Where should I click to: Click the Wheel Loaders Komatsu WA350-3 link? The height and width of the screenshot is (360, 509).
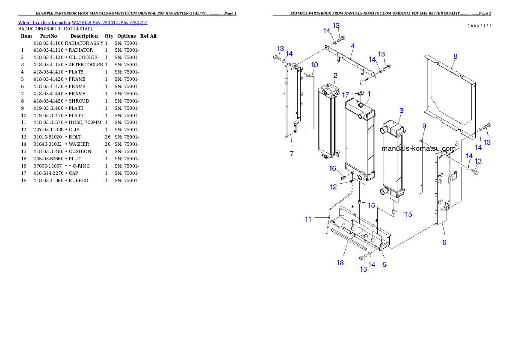tap(83, 23)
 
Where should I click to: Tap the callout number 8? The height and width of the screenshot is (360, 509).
tap(455, 56)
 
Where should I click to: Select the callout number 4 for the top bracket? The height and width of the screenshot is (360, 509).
tap(352, 46)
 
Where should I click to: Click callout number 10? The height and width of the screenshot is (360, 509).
tap(314, 65)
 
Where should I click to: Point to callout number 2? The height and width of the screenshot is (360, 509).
tap(335, 76)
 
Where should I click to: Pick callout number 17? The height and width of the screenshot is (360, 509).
tap(346, 94)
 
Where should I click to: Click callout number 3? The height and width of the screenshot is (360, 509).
tap(401, 111)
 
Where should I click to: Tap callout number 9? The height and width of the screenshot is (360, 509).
tap(424, 126)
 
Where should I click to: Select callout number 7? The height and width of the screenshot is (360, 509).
tap(292, 154)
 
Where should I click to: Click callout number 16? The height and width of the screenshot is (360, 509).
tap(333, 168)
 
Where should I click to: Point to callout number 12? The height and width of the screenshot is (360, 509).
tap(333, 187)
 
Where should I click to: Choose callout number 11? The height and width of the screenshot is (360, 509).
tap(308, 219)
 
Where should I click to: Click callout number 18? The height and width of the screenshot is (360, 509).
tap(340, 263)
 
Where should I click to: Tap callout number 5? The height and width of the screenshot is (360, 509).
tap(385, 265)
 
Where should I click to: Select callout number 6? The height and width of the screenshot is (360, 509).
tap(444, 242)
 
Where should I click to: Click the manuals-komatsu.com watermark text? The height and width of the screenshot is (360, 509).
tap(418, 149)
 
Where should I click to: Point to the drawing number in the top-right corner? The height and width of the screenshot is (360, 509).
tap(479, 26)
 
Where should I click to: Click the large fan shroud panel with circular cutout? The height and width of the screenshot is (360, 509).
tap(445, 90)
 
